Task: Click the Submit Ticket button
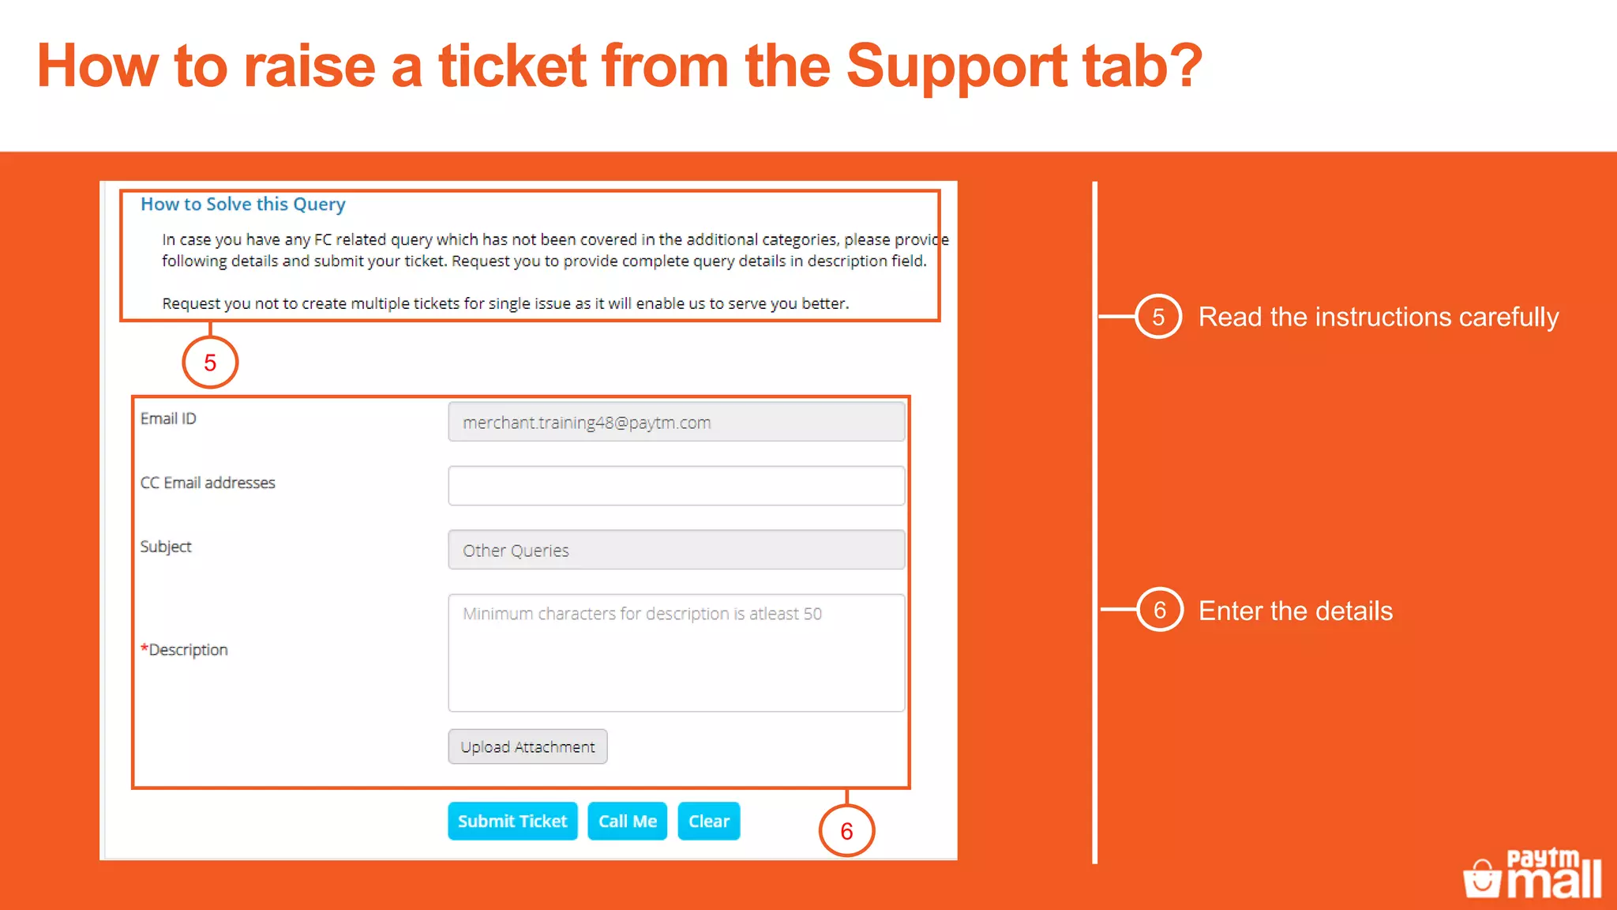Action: (512, 822)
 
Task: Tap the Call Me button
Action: (628, 822)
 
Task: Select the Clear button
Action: (709, 822)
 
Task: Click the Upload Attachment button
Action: (527, 746)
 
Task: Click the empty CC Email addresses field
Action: (676, 486)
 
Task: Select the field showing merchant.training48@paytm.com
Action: (676, 422)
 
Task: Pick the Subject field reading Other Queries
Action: (676, 550)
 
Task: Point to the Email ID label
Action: (168, 419)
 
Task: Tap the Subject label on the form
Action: (166, 547)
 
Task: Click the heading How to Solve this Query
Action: (243, 204)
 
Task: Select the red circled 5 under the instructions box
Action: (210, 363)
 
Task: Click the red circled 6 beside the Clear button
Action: (846, 831)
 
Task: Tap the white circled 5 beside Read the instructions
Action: (1158, 317)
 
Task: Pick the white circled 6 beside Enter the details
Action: (1160, 610)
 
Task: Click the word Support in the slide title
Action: (955, 66)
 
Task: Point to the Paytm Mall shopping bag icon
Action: (1482, 878)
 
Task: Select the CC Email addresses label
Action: (208, 483)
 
